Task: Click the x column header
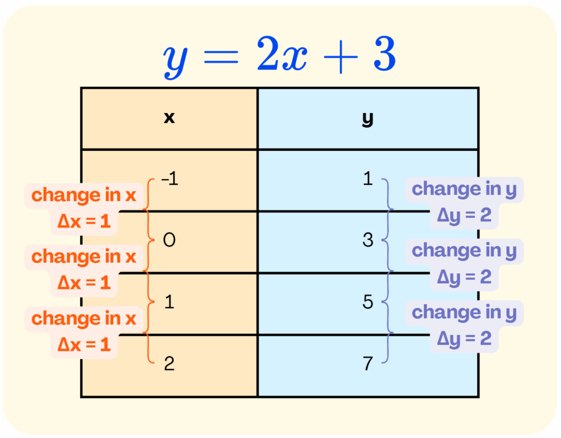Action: point(169,118)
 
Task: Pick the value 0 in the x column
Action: point(169,240)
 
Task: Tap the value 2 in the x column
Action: point(169,363)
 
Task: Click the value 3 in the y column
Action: point(368,240)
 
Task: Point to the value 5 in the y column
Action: point(368,302)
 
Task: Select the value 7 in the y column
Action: point(368,363)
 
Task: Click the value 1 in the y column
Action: point(368,179)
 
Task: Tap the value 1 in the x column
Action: point(169,302)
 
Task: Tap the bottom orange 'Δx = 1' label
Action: point(84,344)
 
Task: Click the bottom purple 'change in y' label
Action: point(464,312)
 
